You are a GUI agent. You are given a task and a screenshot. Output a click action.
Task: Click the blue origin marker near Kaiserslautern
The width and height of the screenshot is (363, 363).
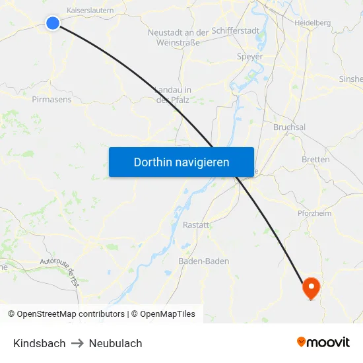pyautogui.click(x=53, y=23)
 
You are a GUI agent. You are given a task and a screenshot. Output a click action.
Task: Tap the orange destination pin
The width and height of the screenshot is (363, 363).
pyautogui.click(x=311, y=288)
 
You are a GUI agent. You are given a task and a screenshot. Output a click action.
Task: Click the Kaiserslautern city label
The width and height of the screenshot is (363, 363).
pyautogui.click(x=90, y=11)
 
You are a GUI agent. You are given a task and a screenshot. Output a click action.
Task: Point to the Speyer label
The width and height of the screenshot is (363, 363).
pyautogui.click(x=249, y=57)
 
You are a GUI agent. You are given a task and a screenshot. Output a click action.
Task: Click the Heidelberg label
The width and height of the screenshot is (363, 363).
pyautogui.click(x=312, y=22)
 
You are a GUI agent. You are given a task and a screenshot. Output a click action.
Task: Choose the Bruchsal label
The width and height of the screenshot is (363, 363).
pyautogui.click(x=289, y=127)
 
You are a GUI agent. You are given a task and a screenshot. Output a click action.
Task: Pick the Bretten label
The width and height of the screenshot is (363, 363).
pyautogui.click(x=315, y=160)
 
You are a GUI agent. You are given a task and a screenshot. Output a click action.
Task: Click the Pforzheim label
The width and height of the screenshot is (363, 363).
pyautogui.click(x=314, y=213)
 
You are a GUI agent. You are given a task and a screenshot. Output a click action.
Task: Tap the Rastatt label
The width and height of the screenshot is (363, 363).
pyautogui.click(x=195, y=224)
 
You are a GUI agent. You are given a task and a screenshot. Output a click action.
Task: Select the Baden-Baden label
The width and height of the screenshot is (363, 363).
pyautogui.click(x=204, y=261)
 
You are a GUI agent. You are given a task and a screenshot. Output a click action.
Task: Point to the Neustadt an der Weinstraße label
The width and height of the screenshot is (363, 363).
pyautogui.click(x=178, y=38)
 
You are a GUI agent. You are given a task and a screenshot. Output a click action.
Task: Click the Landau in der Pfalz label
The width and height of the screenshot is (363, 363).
pyautogui.click(x=173, y=95)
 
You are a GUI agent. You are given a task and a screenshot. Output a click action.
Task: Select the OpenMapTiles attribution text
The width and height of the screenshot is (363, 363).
pyautogui.click(x=168, y=314)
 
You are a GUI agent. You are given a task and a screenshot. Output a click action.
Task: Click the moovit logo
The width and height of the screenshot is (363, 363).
pyautogui.click(x=323, y=342)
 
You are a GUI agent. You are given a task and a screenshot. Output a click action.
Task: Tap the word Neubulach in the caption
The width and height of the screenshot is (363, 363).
pyautogui.click(x=115, y=343)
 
